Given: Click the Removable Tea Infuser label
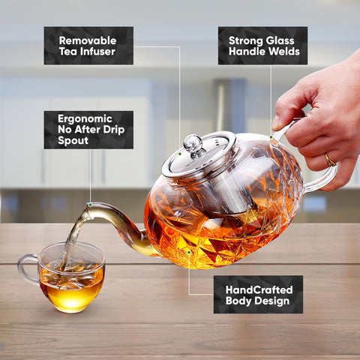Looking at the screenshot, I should tap(88, 45).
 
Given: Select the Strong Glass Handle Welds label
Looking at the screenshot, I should tap(262, 45).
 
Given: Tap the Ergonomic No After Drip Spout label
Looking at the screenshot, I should tap(88, 130).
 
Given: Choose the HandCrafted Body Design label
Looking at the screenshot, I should tap(258, 294).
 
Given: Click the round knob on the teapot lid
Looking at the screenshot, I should tap(193, 142).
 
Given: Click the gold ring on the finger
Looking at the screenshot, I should tap(330, 159).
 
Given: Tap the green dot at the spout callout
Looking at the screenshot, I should tap(90, 204).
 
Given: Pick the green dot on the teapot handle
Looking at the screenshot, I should tap(271, 136).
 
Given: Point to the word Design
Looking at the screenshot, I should tap(271, 301).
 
